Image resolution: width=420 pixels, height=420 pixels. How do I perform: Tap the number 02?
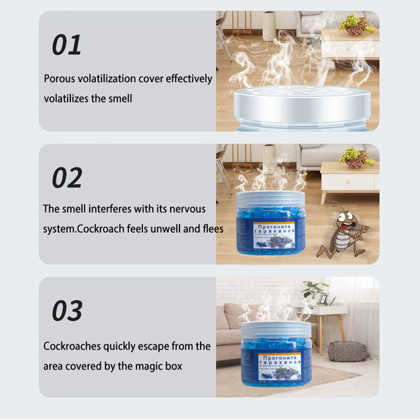pyautogui.click(x=67, y=178)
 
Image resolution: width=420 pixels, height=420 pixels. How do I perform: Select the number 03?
pyautogui.click(x=67, y=311)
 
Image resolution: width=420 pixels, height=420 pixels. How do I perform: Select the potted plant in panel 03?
pyautogui.click(x=314, y=290)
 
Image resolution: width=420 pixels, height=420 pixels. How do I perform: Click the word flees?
pyautogui.click(x=212, y=229)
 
